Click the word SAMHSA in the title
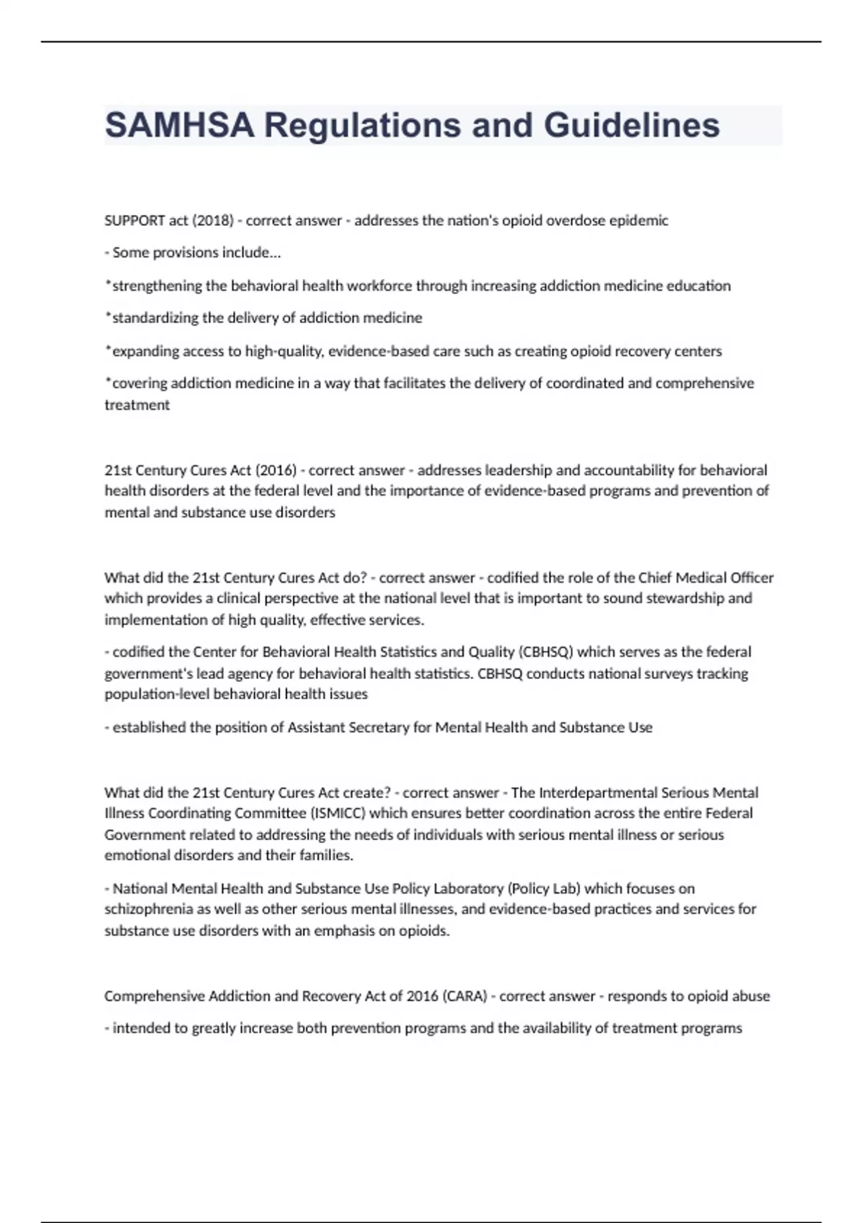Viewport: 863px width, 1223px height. pyautogui.click(x=179, y=125)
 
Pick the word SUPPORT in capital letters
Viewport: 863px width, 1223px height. pyautogui.click(x=135, y=221)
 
